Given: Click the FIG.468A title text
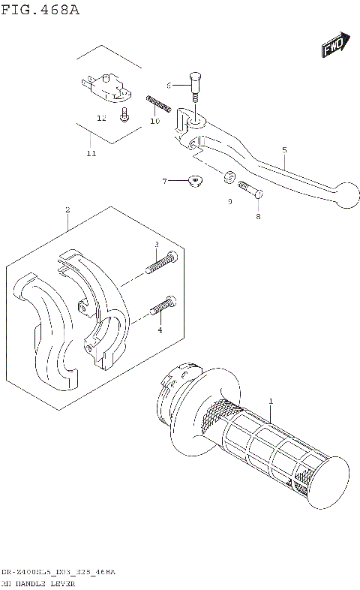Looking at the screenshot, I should coord(40,10).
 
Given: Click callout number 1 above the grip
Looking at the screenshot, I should coord(271,402).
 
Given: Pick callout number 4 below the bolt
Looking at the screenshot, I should coord(159,330).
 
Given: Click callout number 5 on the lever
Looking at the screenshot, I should coord(284,149).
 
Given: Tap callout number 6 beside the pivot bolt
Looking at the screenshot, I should coord(169,86).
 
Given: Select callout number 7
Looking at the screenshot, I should coord(164,181).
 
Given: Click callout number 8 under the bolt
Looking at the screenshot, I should coord(258,216).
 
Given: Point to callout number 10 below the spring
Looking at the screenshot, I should coord(155,121).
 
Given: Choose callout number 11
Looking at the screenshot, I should coord(91,154).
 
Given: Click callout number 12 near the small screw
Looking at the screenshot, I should coord(101,118).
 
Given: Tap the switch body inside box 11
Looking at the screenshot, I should coord(107,84).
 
